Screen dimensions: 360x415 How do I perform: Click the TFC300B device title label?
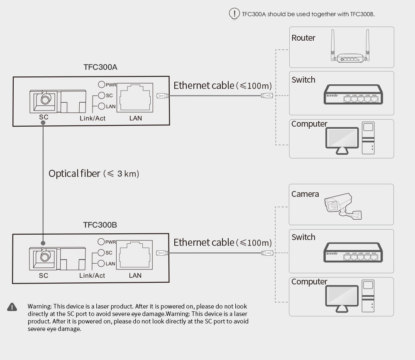100,225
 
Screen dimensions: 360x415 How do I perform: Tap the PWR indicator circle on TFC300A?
102,84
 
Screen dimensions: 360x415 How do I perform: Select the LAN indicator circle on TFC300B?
101,263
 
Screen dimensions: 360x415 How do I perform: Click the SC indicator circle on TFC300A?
102,95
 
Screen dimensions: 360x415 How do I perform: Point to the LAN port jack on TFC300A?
136,98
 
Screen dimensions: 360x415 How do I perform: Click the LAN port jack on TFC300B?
135,255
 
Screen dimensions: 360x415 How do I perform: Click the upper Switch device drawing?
353,94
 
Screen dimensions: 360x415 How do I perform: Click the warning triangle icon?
12,307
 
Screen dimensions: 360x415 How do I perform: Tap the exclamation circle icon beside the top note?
234,13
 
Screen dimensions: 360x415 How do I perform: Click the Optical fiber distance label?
94,174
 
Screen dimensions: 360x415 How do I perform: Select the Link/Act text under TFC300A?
93,118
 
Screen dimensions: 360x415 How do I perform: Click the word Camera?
305,194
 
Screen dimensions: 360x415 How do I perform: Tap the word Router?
303,38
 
